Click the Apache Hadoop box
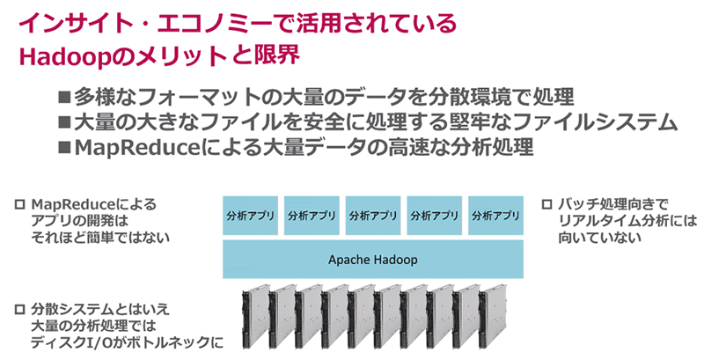click(372, 260)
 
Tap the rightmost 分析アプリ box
click(495, 216)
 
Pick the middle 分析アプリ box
click(372, 216)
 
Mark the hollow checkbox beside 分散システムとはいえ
click(19, 310)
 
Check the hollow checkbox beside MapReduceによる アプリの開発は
click(19, 204)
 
